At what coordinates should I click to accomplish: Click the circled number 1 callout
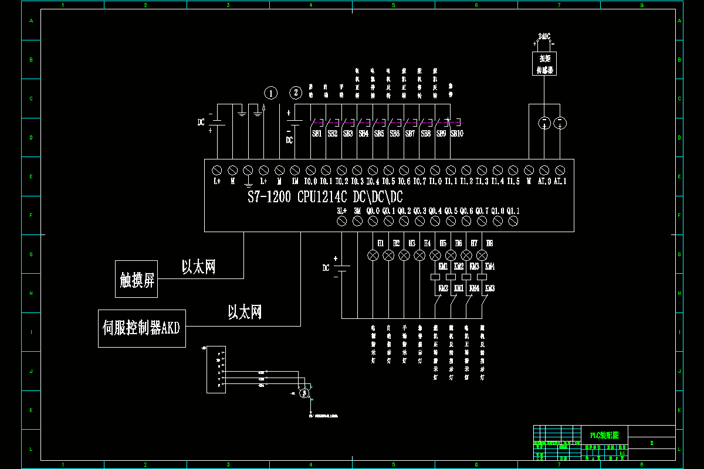pos(270,93)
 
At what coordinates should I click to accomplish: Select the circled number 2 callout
pos(296,93)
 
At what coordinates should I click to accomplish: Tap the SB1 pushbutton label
pos(317,134)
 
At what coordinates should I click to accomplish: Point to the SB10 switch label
pos(457,134)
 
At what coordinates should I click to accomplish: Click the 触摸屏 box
pos(136,279)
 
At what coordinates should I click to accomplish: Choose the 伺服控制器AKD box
pos(141,328)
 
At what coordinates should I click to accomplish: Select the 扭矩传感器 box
pos(544,63)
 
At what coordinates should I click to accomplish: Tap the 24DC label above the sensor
pos(544,36)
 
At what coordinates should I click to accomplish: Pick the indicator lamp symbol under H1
pos(373,256)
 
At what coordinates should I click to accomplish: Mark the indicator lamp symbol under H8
pos(482,256)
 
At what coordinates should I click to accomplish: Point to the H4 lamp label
pos(427,243)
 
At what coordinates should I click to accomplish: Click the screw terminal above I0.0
pos(310,170)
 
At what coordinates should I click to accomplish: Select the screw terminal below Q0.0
pos(373,221)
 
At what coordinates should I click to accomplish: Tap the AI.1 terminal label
pos(560,182)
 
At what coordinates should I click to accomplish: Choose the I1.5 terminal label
pos(513,182)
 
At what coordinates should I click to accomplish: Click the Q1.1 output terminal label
pos(513,210)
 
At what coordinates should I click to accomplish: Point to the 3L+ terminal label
pos(341,210)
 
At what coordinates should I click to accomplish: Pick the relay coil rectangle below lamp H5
pos(435,276)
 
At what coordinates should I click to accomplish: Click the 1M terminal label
pos(295,182)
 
